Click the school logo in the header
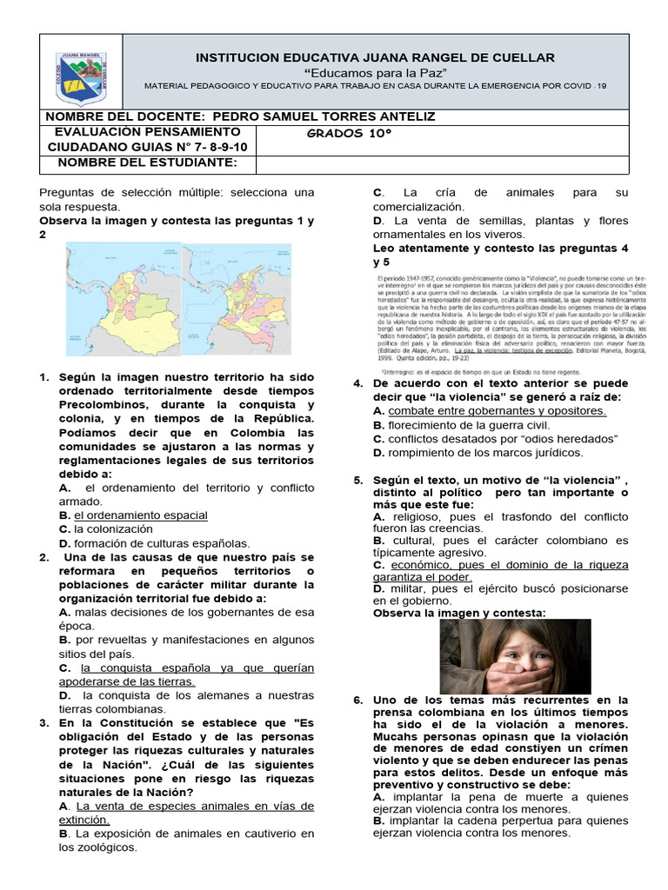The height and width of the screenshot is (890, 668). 83,76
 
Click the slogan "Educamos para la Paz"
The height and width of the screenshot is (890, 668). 375,71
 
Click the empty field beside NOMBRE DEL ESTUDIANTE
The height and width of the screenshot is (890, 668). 442,163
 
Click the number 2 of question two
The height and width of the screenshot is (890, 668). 43,557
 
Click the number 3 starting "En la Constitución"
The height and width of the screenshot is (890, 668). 43,722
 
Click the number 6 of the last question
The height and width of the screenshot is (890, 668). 357,700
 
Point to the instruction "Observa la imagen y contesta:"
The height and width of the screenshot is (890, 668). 459,613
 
